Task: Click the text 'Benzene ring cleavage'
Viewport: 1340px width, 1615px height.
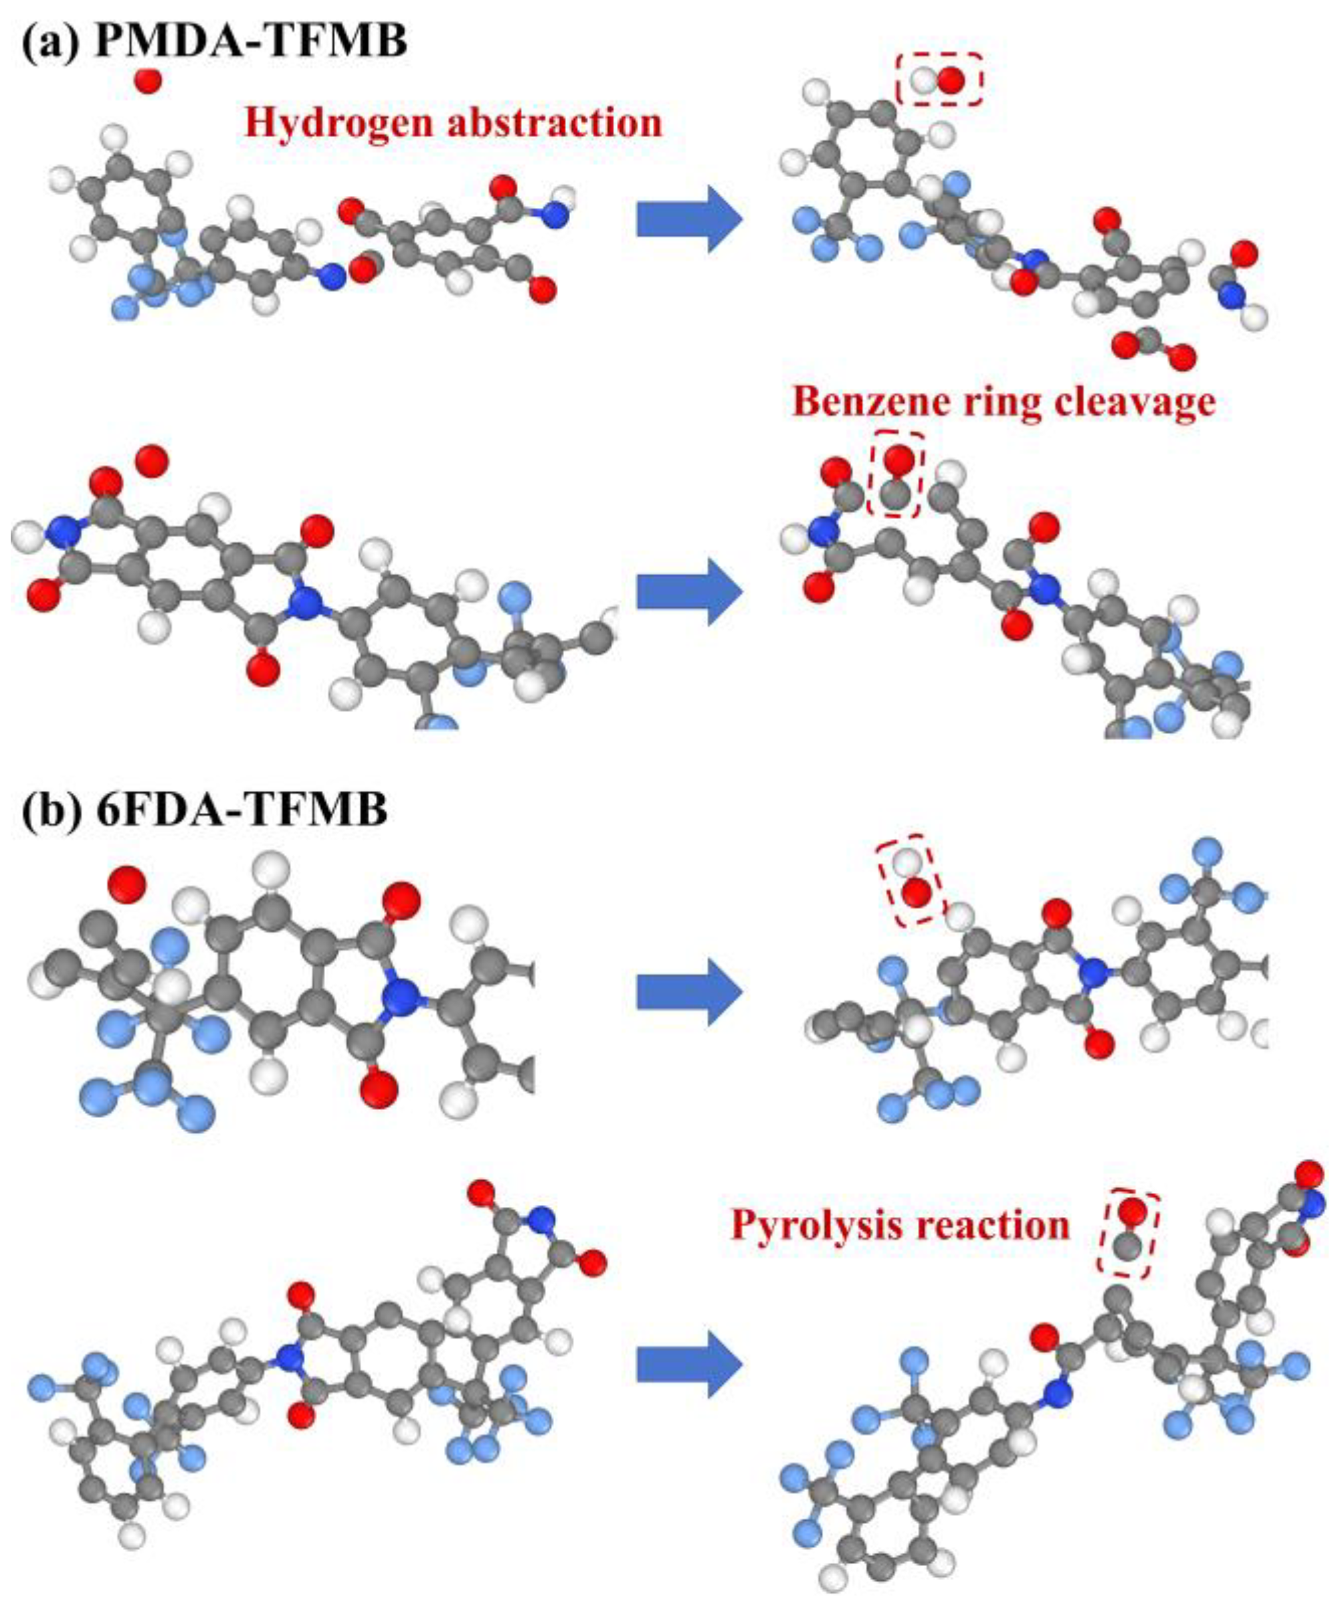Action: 1004,401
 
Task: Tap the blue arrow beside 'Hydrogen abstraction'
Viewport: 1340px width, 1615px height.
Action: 688,219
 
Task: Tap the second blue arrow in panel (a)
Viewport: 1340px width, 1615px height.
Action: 688,592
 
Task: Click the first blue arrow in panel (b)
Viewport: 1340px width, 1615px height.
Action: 688,992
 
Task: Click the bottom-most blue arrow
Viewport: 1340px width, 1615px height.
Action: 688,1365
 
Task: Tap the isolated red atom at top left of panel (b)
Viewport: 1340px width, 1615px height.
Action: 126,884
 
